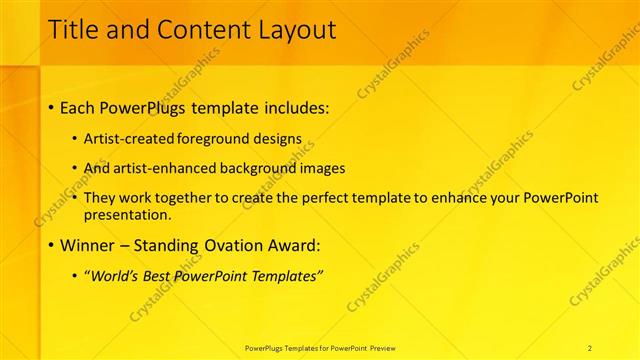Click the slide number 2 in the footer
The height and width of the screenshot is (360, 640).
590,347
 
